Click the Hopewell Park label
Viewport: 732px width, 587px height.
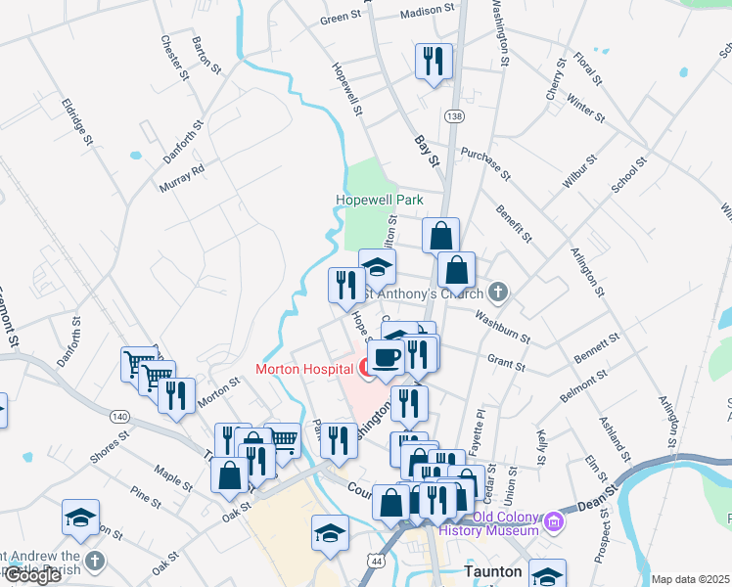point(380,199)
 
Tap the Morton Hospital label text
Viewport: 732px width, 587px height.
point(303,369)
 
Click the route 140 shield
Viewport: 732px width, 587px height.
point(119,417)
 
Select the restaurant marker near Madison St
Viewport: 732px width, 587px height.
point(431,61)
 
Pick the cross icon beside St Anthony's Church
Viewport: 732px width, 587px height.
point(498,292)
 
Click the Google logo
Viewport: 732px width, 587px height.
point(31,575)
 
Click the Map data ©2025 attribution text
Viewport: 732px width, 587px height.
point(690,579)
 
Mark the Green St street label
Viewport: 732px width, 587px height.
point(341,18)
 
